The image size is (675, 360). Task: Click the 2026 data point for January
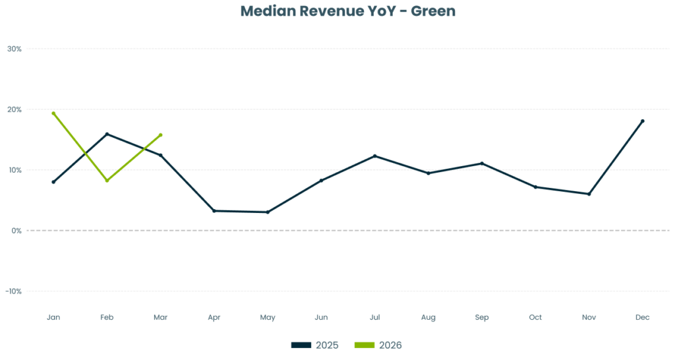[x=53, y=113]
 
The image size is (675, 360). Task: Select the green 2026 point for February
[x=107, y=181]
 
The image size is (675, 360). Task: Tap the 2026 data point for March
[x=161, y=135]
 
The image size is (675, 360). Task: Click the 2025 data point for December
[x=643, y=121]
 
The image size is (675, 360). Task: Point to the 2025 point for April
[x=214, y=210]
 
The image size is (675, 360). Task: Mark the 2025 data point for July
[x=374, y=156]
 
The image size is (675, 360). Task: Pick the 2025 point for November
[x=589, y=194]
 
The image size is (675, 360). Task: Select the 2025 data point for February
[x=107, y=134]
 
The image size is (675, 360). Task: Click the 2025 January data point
[x=53, y=182]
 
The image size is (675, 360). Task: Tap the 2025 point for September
[x=482, y=164]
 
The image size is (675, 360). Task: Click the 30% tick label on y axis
[x=15, y=49]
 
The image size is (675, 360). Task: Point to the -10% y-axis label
[x=13, y=291]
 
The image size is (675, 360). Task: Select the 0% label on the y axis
[x=16, y=231]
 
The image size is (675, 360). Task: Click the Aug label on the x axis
[x=428, y=318]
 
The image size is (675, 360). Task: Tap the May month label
[x=268, y=318]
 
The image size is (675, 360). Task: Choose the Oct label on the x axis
[x=535, y=317]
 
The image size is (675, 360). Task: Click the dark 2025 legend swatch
[x=301, y=345]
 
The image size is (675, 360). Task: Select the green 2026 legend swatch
[x=364, y=345]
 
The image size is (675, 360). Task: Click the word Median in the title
[x=268, y=11]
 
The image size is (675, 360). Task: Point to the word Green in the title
[x=433, y=11]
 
